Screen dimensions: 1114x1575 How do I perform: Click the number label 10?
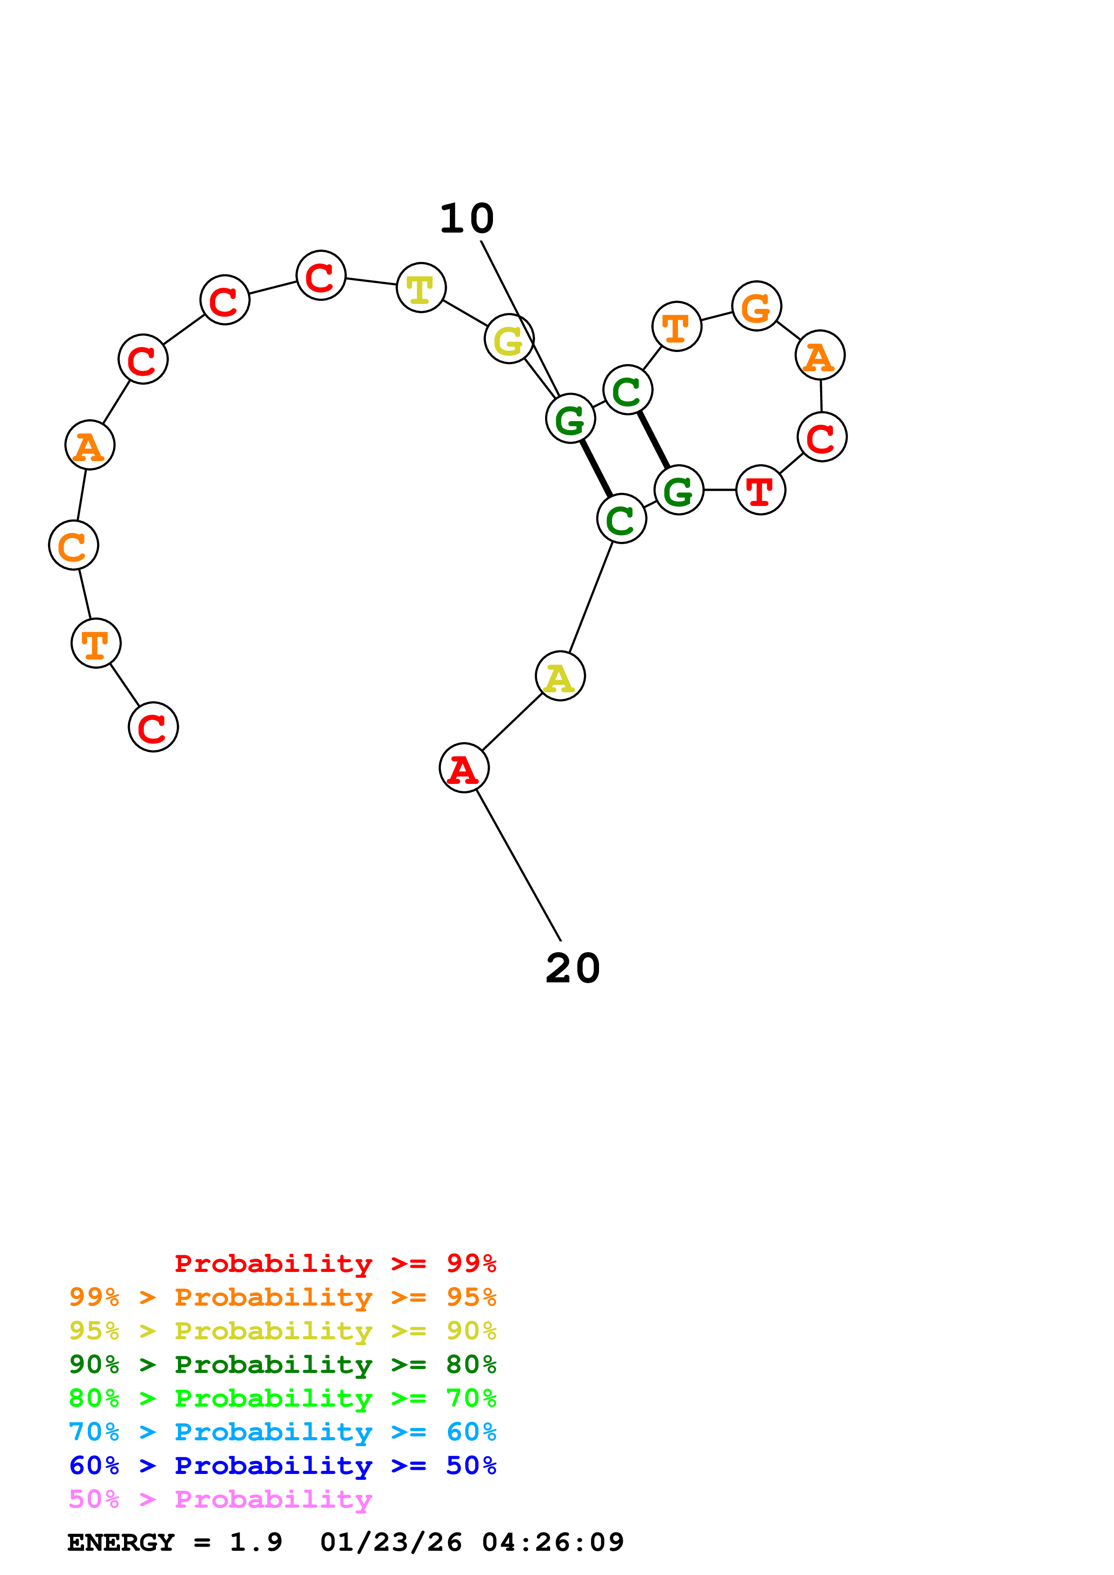(x=467, y=219)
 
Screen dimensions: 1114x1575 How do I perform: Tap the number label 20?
(x=573, y=968)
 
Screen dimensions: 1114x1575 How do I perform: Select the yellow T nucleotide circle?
(x=421, y=287)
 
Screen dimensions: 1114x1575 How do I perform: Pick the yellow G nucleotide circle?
(x=509, y=339)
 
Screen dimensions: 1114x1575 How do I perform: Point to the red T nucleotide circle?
(x=760, y=490)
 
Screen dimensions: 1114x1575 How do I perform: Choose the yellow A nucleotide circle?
(x=560, y=676)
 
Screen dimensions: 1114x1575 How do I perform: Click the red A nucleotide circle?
(x=464, y=768)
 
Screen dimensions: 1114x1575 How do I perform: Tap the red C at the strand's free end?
(x=153, y=727)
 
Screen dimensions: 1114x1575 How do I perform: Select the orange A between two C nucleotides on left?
(x=90, y=445)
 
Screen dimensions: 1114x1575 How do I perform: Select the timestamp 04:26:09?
(x=553, y=1543)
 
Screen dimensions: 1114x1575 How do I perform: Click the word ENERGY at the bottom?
(x=121, y=1543)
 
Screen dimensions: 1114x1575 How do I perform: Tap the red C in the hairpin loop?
(x=821, y=437)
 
